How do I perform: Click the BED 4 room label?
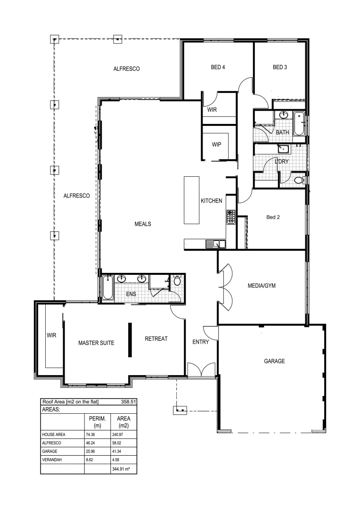pos(218,67)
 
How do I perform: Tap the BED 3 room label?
pos(280,67)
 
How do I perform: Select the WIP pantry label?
pos(217,145)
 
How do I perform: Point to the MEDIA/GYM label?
pos(262,286)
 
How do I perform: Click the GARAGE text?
pos(274,361)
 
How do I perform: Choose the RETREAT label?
pos(156,339)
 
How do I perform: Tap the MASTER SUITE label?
pos(96,344)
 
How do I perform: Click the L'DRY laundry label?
pos(282,162)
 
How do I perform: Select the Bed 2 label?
pos(273,217)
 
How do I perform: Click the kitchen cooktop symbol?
pos(231,217)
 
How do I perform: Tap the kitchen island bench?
pos(192,200)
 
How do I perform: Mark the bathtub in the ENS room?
pos(107,287)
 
